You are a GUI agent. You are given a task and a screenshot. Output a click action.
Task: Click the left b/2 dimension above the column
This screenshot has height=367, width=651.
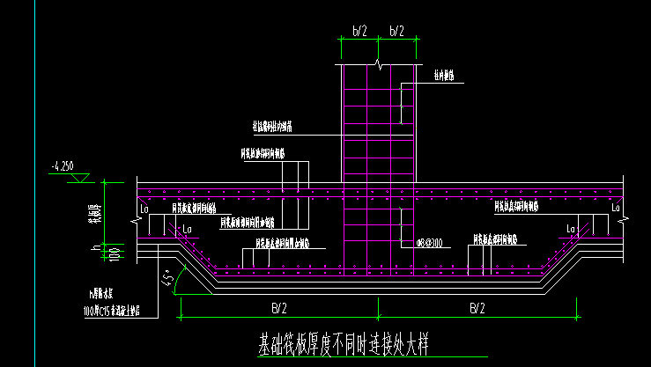click(x=359, y=31)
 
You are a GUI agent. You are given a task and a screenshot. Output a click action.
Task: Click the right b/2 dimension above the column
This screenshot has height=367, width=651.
click(x=396, y=31)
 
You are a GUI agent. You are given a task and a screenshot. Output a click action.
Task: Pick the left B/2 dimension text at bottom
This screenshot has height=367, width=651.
click(x=278, y=308)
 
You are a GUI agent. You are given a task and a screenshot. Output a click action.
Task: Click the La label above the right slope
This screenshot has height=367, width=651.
click(x=570, y=229)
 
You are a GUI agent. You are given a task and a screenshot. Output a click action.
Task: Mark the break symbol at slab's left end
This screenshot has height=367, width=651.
click(x=138, y=202)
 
